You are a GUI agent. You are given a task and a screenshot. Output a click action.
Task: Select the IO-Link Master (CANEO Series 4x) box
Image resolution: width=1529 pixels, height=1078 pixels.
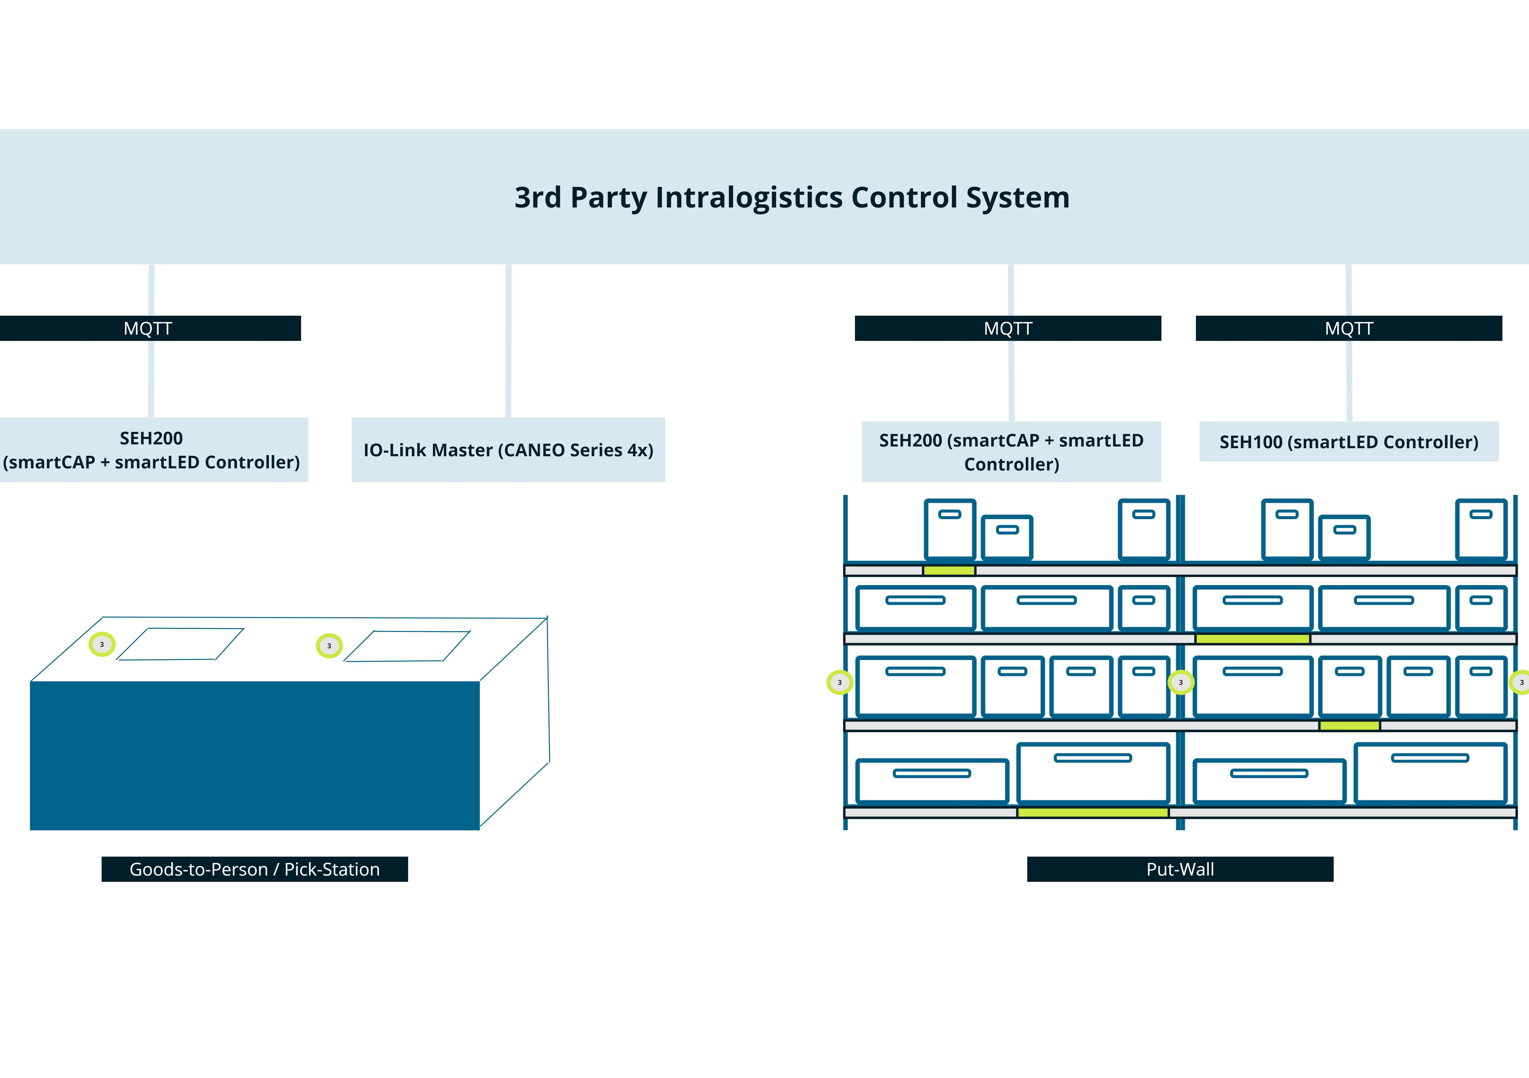click(508, 450)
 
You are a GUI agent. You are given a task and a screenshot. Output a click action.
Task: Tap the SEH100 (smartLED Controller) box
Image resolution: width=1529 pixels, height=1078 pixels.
click(1349, 442)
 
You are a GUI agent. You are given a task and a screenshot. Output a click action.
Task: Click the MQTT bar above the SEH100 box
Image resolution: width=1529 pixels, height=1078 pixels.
click(1349, 328)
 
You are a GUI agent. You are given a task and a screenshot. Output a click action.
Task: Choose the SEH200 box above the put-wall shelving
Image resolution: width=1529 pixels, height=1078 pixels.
click(1011, 452)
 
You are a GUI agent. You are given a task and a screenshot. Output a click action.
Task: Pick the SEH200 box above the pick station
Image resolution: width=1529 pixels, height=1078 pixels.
click(152, 450)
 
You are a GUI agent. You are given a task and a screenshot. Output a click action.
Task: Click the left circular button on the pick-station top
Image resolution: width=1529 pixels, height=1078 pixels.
click(102, 644)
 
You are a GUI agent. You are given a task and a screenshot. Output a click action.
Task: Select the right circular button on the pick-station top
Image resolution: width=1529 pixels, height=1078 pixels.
click(329, 646)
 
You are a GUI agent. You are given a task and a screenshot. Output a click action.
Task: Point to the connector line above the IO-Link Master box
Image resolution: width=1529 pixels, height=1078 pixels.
click(508, 340)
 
